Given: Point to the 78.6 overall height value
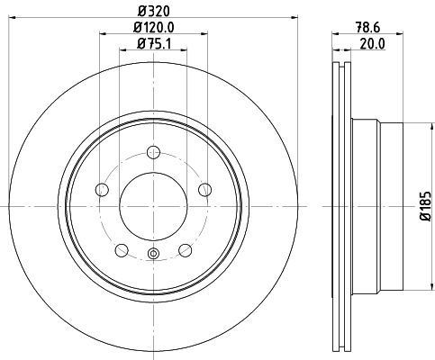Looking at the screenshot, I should click(x=366, y=28).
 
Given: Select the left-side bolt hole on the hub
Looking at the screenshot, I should click(x=102, y=189).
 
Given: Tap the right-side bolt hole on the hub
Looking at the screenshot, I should click(x=205, y=189).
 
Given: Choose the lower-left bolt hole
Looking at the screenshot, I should click(x=122, y=249).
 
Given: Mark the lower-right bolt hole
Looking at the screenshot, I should click(x=186, y=249).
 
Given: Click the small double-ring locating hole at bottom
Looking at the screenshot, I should click(x=153, y=255).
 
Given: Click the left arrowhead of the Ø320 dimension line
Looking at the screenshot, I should click(x=20, y=21).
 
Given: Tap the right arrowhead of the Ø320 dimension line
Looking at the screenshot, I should click(x=287, y=21).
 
